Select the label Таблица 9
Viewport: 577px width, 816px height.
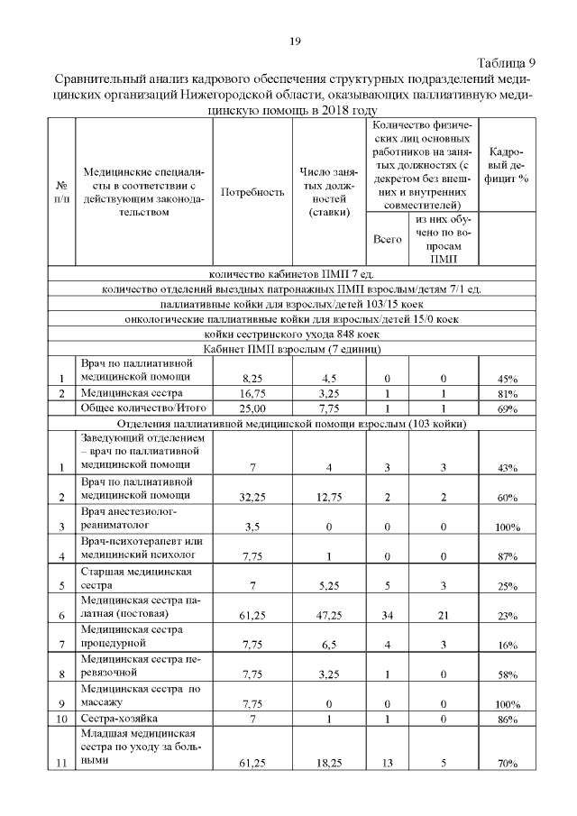pos(506,62)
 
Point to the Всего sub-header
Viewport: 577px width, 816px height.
pos(387,240)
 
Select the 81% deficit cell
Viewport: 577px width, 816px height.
pos(506,394)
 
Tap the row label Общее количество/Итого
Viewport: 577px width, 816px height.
pos(132,409)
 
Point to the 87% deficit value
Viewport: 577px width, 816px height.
pos(506,556)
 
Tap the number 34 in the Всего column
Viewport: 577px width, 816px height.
pos(387,615)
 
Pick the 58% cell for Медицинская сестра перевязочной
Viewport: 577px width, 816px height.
pos(506,674)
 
